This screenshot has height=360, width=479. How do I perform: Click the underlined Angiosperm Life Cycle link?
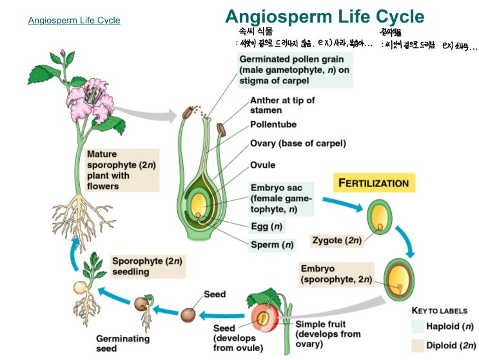[74, 21]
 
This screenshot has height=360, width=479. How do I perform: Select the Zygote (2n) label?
[337, 240]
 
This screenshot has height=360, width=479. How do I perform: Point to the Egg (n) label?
[268, 226]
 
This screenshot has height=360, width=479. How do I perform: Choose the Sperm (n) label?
[272, 245]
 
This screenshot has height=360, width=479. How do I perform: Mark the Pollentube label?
[273, 124]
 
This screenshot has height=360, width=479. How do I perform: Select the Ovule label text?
[263, 165]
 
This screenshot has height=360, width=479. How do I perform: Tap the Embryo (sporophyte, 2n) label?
[336, 274]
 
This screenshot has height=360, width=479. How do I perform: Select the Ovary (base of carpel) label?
[298, 143]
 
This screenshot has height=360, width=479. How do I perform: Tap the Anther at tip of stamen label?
[282, 105]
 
